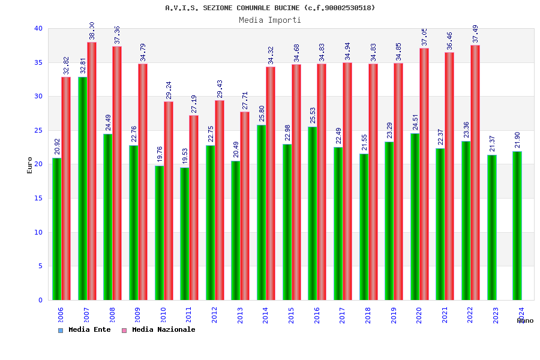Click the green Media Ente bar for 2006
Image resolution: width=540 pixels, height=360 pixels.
[x=56, y=229]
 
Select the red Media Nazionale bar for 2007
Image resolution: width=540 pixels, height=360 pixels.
[x=92, y=171]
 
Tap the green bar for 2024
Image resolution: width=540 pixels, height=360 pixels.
[x=517, y=226]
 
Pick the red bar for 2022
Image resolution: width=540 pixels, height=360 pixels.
[x=475, y=172]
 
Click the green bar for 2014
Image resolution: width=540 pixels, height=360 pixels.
[x=262, y=212]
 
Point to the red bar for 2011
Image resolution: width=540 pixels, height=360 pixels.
[x=194, y=208]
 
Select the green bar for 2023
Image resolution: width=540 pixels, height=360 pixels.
[x=492, y=227]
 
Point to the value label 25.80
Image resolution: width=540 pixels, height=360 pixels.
[x=262, y=113]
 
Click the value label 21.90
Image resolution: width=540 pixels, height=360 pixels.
[x=518, y=140]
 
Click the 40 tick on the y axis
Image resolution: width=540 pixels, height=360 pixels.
[x=38, y=28]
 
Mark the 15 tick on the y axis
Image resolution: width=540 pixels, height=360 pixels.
[x=38, y=198]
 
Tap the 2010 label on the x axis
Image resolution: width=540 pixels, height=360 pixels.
[x=163, y=316]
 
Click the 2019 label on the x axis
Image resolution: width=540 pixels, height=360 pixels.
[x=393, y=316]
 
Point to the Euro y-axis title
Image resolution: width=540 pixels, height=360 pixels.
[x=30, y=165]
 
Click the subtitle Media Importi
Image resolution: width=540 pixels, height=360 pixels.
[x=270, y=20]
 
